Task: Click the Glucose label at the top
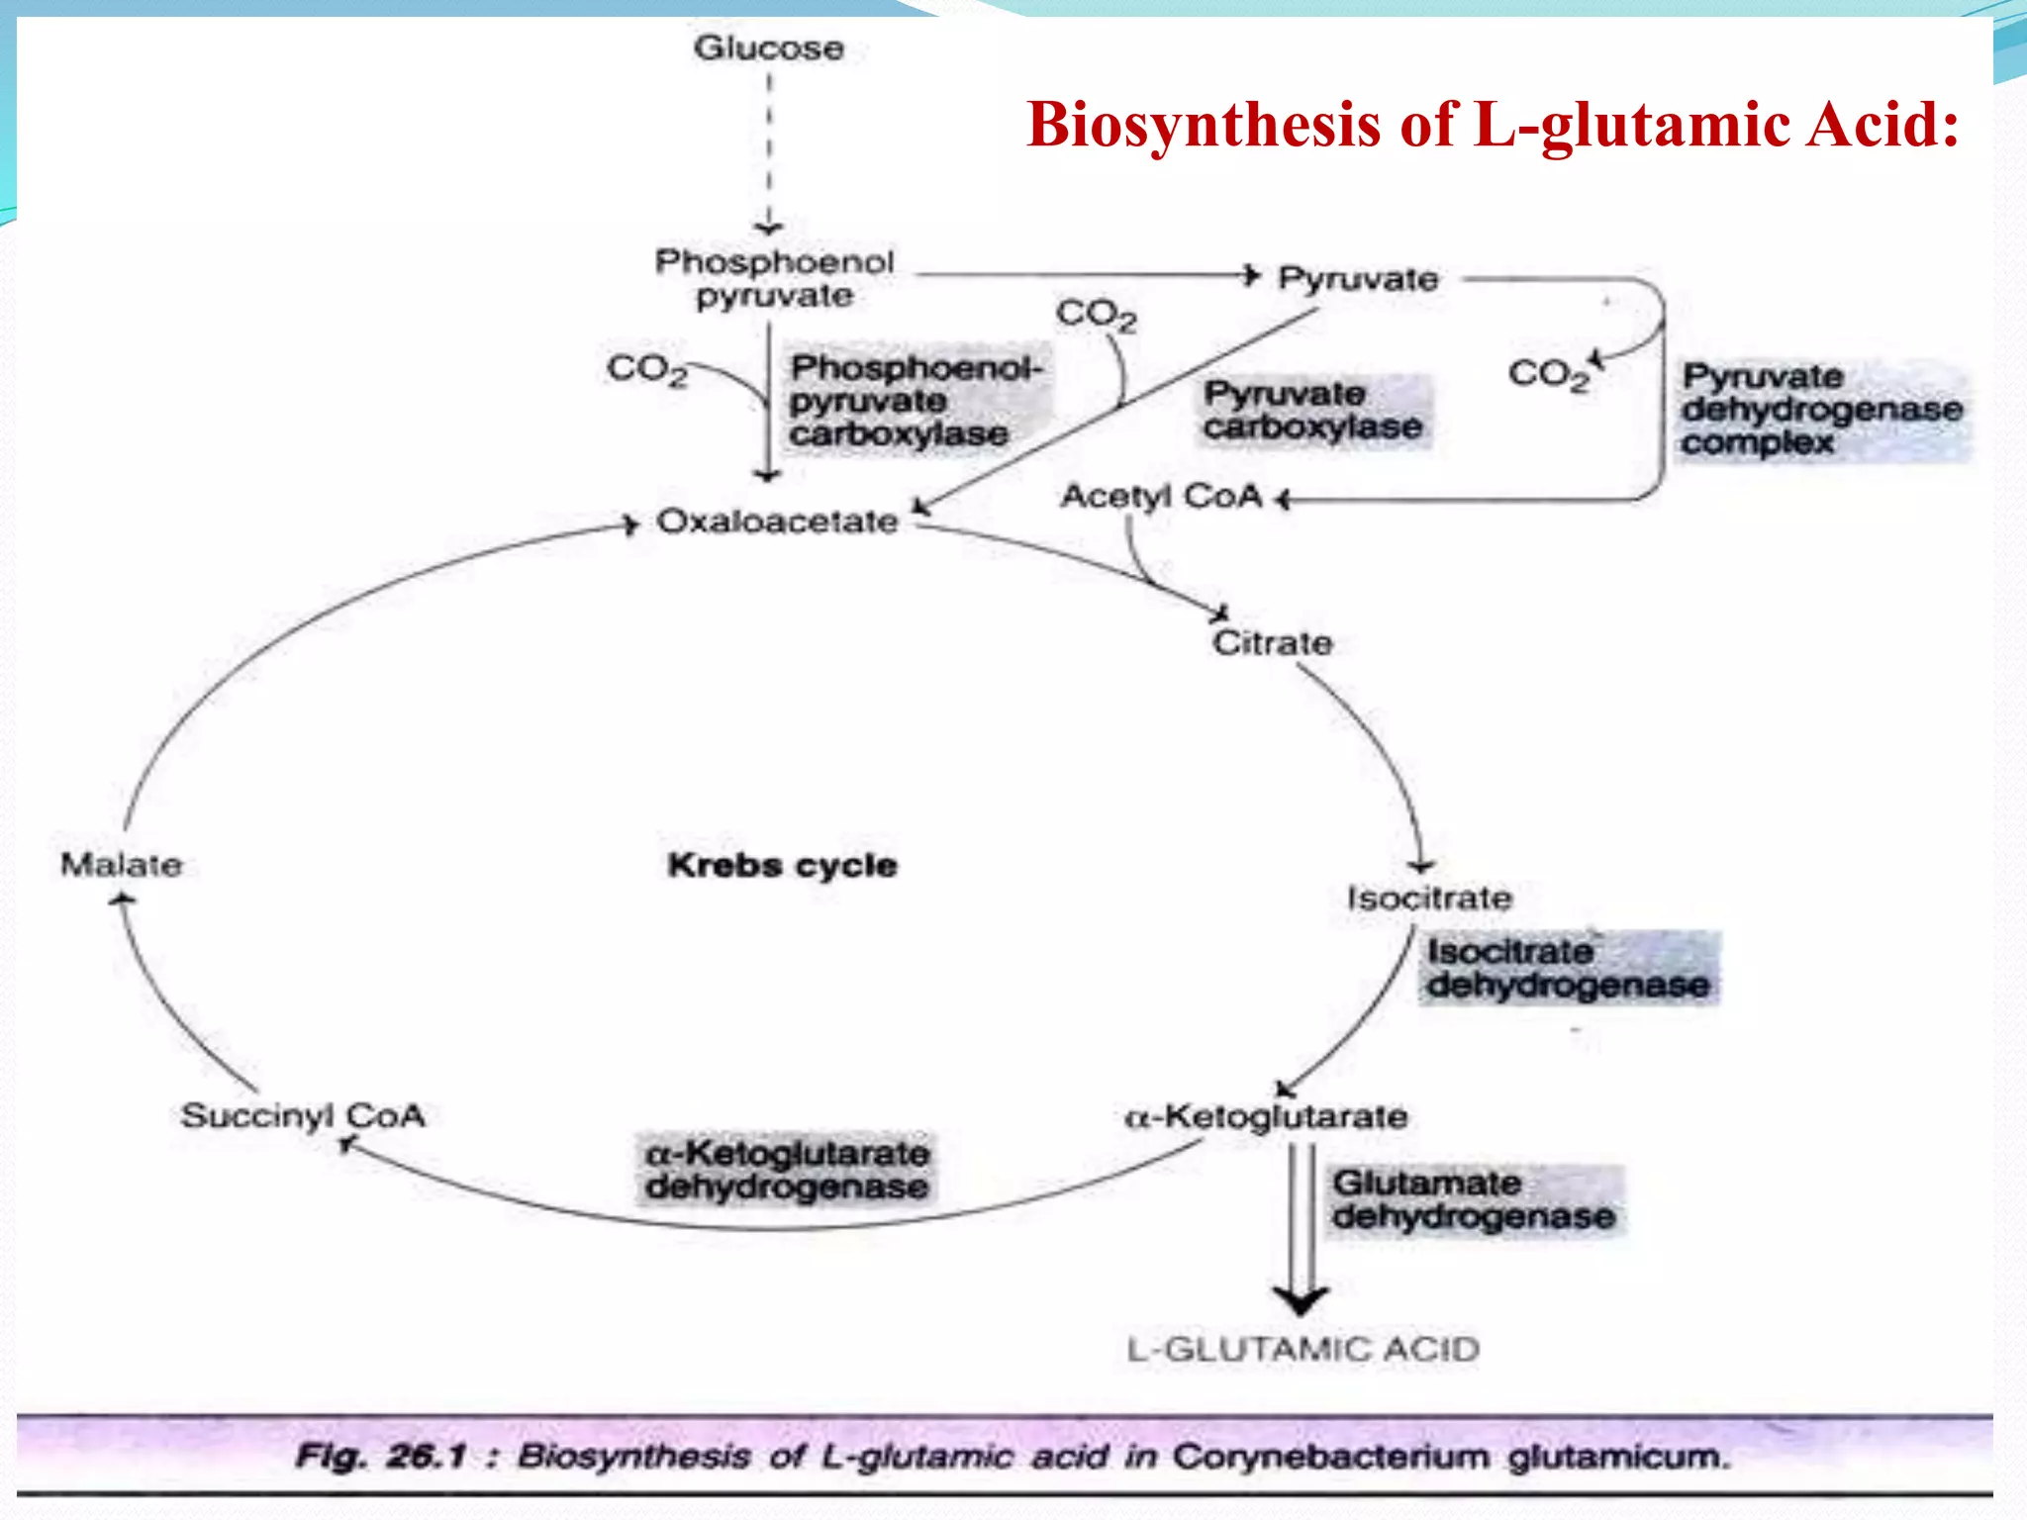pos(768,47)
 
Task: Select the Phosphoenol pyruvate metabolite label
pos(774,278)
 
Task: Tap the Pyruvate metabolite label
pos(1357,279)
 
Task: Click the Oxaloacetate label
pos(777,522)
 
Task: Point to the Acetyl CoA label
pos(1161,496)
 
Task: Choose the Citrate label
pos(1272,643)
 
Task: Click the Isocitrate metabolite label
pos(1428,899)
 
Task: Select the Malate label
pos(121,865)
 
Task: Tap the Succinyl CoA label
pos(302,1116)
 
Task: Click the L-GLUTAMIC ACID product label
pos(1303,1350)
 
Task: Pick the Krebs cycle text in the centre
pos(782,866)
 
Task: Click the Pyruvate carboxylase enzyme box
pos(1312,411)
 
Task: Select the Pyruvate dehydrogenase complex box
pos(1821,410)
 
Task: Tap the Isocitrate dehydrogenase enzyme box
pos(1568,969)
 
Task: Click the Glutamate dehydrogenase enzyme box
pos(1473,1200)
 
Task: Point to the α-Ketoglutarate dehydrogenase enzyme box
pos(786,1170)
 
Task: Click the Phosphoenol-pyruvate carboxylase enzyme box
pos(916,401)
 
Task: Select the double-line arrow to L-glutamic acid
pos(1301,1227)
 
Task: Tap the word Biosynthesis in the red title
pos(1203,126)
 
